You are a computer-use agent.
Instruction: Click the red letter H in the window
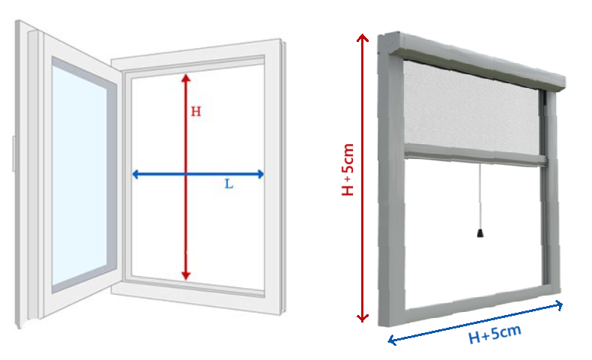(x=196, y=112)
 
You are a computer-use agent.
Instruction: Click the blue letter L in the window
(x=229, y=184)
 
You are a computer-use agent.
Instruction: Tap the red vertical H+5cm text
(x=348, y=169)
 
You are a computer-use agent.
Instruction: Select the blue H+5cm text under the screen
(x=495, y=334)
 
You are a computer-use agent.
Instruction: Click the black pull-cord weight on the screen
(x=480, y=232)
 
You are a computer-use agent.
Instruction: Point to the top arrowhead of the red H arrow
(x=186, y=77)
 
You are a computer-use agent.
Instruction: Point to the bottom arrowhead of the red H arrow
(x=186, y=276)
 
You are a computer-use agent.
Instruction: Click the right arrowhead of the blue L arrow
(x=260, y=174)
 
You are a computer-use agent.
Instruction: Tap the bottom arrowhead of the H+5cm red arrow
(x=363, y=318)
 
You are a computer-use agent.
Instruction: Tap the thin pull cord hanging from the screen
(x=480, y=196)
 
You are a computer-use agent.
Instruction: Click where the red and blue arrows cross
(x=186, y=174)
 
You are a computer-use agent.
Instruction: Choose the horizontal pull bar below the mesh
(x=475, y=155)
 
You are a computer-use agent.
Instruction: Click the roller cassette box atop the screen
(x=477, y=61)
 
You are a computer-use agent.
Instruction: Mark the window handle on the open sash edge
(x=13, y=154)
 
